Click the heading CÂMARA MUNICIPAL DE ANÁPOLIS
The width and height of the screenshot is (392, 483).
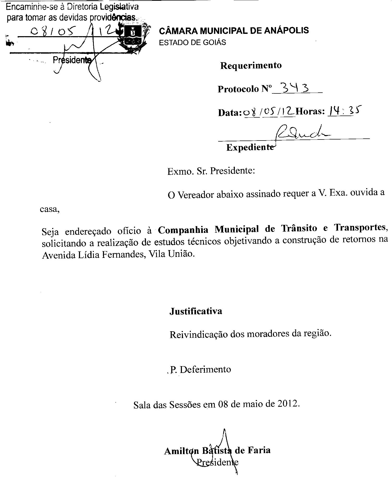pyautogui.click(x=234, y=31)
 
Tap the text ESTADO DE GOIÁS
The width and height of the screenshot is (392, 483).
pyautogui.click(x=192, y=42)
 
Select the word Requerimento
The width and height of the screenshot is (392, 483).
pyautogui.click(x=251, y=65)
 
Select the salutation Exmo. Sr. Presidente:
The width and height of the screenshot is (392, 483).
pyautogui.click(x=211, y=171)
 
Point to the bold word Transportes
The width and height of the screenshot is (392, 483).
pyautogui.click(x=360, y=227)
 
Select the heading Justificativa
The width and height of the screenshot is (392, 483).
pyautogui.click(x=196, y=311)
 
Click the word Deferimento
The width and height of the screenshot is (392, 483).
pyautogui.click(x=205, y=369)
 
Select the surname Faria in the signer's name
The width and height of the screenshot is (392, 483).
pyautogui.click(x=259, y=450)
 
